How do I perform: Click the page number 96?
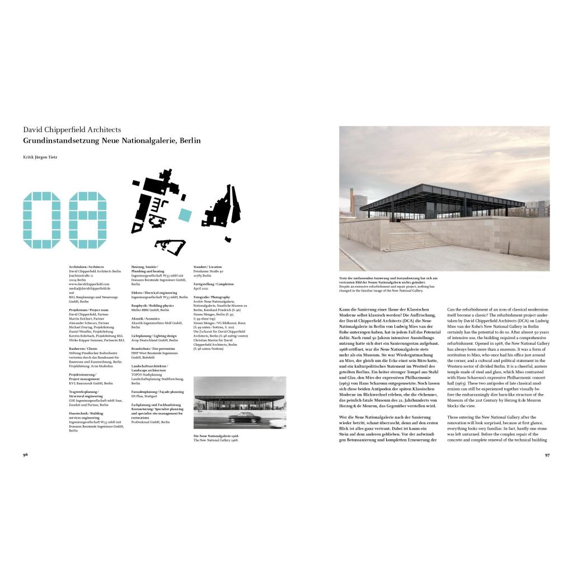(x=25, y=454)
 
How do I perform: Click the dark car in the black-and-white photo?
(x=243, y=417)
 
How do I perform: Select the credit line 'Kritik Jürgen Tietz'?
(x=40, y=157)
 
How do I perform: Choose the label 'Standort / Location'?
(x=208, y=267)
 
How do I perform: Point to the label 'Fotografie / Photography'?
(x=212, y=297)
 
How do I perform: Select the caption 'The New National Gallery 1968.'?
(x=216, y=440)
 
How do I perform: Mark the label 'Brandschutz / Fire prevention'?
(x=154, y=349)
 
